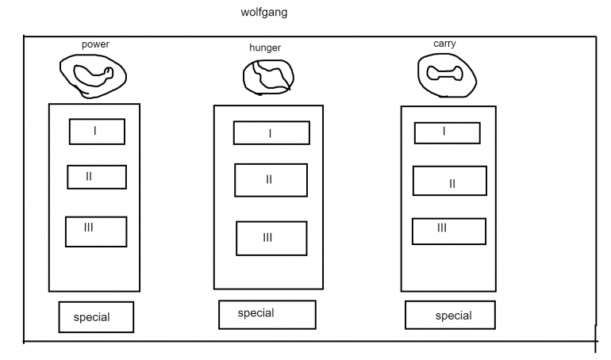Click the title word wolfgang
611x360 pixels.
pos(263,13)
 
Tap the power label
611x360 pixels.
pos(95,44)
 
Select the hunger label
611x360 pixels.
pos(265,48)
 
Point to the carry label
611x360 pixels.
pos(445,44)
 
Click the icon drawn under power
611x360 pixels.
pos(94,75)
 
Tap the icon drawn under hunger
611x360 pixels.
pos(268,77)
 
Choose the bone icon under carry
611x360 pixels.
pos(445,74)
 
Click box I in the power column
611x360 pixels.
pos(97,132)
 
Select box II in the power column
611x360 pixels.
pos(97,177)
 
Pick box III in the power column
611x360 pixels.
pos(96,231)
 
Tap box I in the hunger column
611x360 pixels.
pos(271,133)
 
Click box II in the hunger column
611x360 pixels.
pos(271,180)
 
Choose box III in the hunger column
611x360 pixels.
pos(271,238)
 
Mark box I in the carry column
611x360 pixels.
pos(447,132)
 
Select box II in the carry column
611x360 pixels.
pos(449,182)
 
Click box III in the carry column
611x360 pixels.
pos(448,231)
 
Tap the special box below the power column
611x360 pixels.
pos(96,317)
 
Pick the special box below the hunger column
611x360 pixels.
pos(267,314)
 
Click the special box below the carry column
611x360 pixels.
pos(450,316)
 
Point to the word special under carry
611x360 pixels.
pos(453,316)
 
